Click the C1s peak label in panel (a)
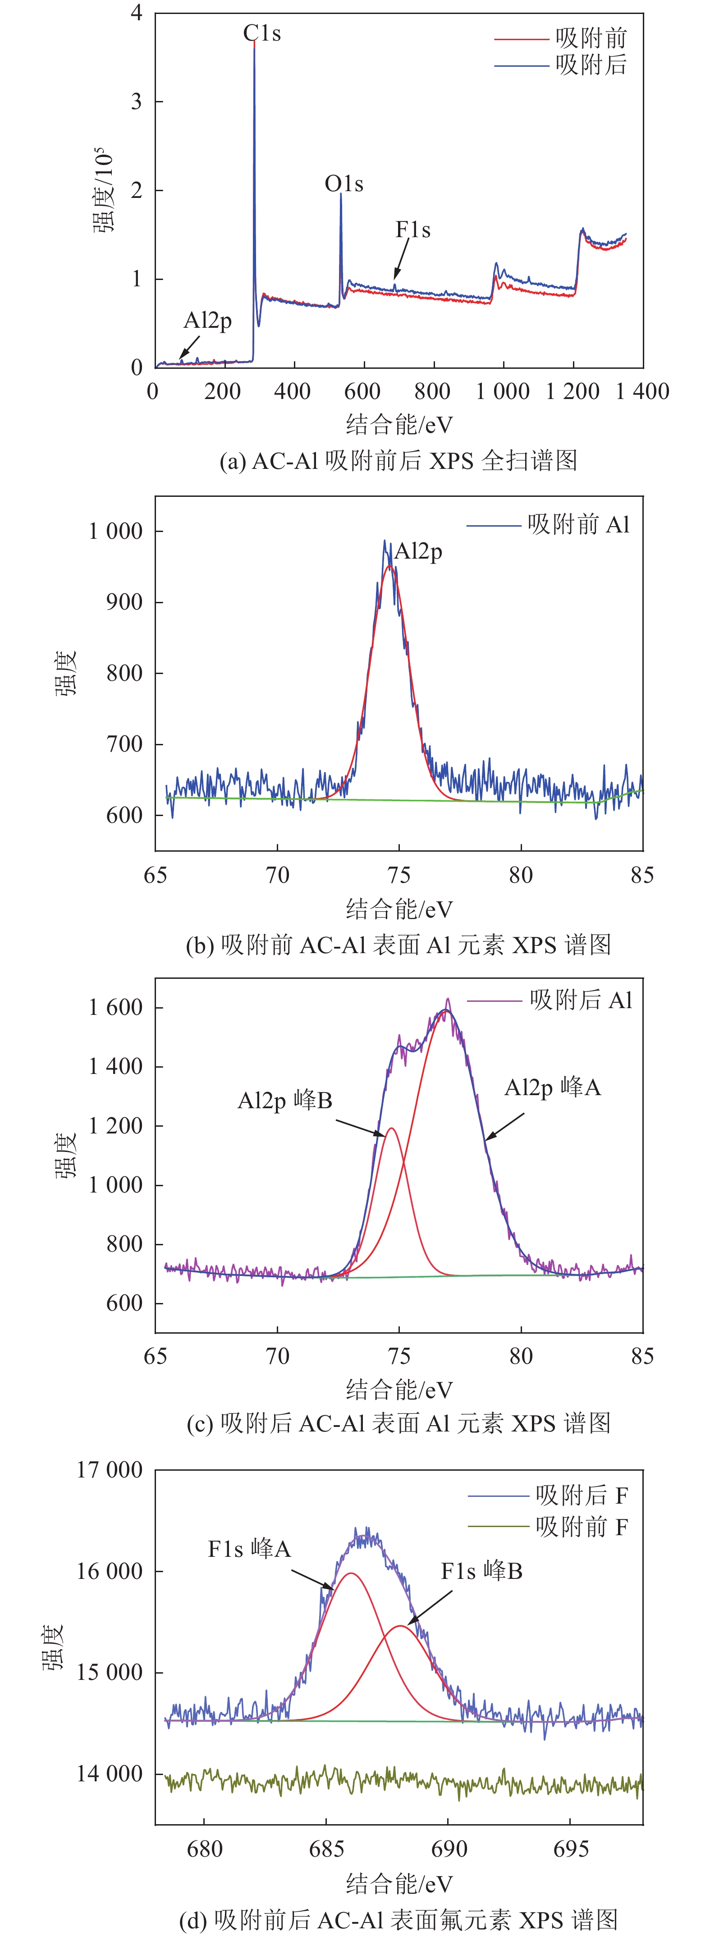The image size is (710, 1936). (261, 34)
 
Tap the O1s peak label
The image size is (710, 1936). (344, 184)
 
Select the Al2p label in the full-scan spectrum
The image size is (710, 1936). (207, 321)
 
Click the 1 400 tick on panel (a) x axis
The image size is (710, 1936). (642, 391)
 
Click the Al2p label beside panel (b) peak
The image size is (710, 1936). (418, 552)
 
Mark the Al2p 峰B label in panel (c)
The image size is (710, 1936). (285, 1101)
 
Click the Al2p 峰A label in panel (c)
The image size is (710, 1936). (552, 1087)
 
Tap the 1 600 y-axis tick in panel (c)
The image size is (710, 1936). (116, 1008)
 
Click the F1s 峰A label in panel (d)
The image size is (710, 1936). (249, 1549)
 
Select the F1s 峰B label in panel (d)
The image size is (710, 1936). (481, 1572)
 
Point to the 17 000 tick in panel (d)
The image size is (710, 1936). (110, 1470)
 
